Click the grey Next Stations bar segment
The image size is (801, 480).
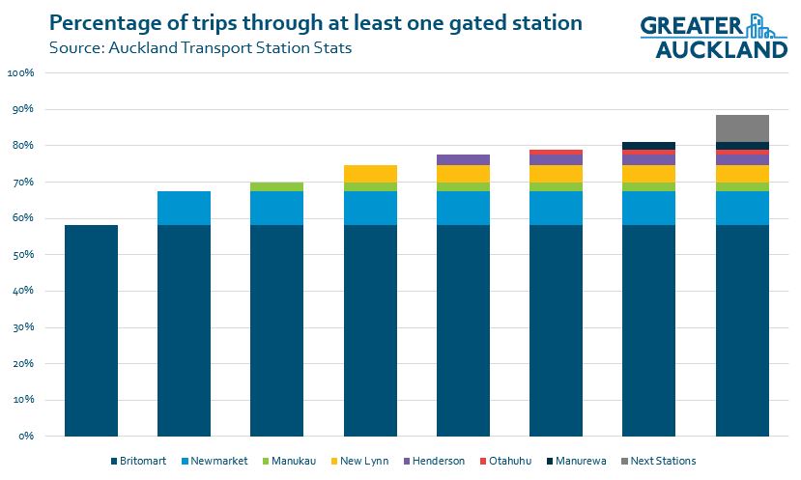point(742,128)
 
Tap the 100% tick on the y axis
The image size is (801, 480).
point(20,73)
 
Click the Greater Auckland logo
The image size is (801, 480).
point(713,37)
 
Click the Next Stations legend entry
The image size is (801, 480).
point(659,461)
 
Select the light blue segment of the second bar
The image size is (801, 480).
point(184,208)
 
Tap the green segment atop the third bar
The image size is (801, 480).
point(276,186)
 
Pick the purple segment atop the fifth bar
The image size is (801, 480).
point(463,159)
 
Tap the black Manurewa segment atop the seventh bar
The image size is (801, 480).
point(649,146)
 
